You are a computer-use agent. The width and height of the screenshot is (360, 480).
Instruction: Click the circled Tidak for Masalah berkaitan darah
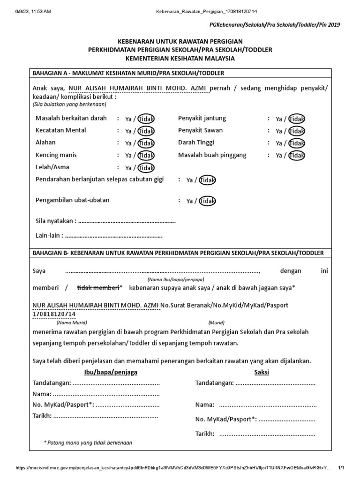click(x=146, y=119)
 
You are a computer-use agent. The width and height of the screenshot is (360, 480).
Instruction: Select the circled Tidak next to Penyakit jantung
click(x=297, y=119)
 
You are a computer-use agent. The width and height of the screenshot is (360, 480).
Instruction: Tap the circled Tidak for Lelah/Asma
click(x=146, y=168)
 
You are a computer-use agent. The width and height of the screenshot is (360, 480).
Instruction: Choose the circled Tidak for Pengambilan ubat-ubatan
click(x=208, y=201)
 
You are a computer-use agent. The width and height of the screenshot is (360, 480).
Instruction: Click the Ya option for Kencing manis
click(x=128, y=156)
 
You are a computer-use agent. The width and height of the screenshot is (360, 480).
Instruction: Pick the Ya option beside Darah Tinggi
click(x=279, y=143)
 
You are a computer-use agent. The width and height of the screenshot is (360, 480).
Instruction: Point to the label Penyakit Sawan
click(x=200, y=130)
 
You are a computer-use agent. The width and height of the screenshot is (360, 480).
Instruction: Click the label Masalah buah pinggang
click(x=212, y=155)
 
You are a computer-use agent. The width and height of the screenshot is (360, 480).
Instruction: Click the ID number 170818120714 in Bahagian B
click(x=53, y=314)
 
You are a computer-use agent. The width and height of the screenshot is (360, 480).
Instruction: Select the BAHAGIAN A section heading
click(x=128, y=73)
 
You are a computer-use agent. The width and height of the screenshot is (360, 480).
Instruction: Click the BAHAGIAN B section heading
click(x=178, y=253)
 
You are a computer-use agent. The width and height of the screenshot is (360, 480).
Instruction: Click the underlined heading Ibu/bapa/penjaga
click(x=111, y=372)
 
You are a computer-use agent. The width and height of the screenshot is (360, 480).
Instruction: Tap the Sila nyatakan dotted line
click(x=127, y=221)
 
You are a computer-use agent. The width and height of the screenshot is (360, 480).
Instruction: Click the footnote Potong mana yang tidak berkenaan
click(x=88, y=442)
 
